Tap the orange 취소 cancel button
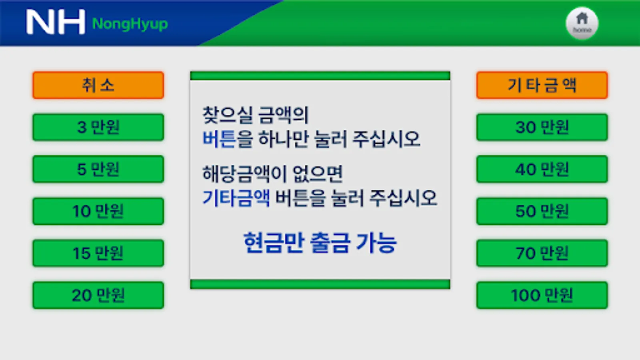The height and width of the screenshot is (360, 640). (x=98, y=85)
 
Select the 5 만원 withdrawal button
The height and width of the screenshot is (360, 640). (x=98, y=169)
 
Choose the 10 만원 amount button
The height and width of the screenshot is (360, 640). (x=98, y=211)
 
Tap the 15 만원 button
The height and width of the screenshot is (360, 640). (x=98, y=253)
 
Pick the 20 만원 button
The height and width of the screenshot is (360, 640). (x=98, y=295)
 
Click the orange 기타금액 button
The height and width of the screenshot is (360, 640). (x=542, y=85)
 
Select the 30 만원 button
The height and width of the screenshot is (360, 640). (x=542, y=127)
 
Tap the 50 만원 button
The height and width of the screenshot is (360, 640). (x=542, y=211)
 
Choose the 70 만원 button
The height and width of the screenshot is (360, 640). (x=542, y=253)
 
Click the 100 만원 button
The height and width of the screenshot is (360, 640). (x=542, y=295)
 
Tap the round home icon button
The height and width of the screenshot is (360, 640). (x=582, y=23)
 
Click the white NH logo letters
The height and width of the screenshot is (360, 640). (x=56, y=22)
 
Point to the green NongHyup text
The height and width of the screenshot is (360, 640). (x=130, y=24)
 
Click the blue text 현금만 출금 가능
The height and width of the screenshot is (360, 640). (x=320, y=242)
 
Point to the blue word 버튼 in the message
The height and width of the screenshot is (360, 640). (x=219, y=139)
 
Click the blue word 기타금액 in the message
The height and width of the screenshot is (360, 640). (x=236, y=198)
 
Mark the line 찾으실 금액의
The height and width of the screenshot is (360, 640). (x=256, y=115)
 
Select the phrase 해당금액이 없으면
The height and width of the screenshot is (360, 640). (x=272, y=174)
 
